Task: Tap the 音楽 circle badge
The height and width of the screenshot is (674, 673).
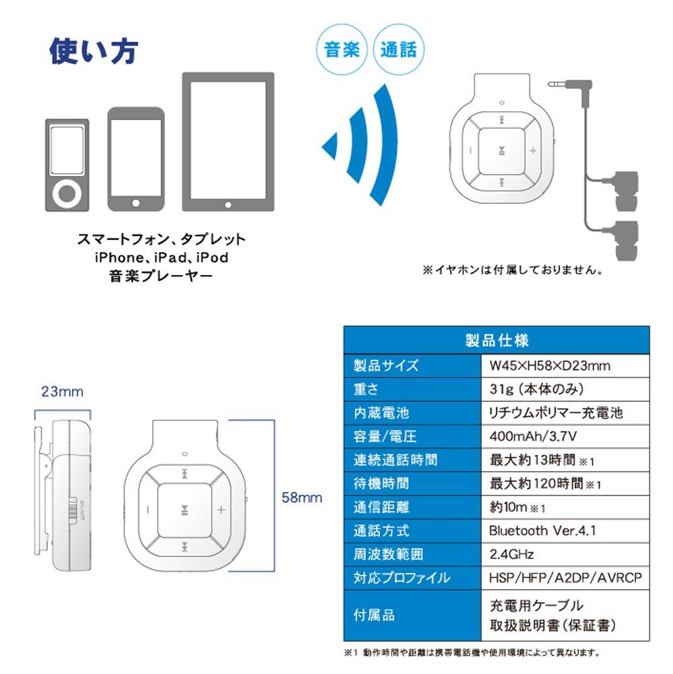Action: pos(342,50)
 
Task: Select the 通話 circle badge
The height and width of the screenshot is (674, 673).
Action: pos(398,50)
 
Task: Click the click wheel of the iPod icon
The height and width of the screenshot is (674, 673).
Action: pos(66,194)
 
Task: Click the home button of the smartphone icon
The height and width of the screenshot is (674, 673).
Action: pos(137,202)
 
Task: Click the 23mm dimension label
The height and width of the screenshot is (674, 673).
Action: pos(62,392)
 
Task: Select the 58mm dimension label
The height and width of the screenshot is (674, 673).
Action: pos(301,498)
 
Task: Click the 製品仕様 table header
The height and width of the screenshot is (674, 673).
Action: pos(496,340)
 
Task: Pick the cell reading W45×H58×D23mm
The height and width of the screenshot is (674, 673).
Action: pos(550,366)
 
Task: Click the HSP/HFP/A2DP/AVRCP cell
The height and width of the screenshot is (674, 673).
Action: pos(565,578)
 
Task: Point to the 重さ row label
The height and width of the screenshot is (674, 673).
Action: pos(366,390)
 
